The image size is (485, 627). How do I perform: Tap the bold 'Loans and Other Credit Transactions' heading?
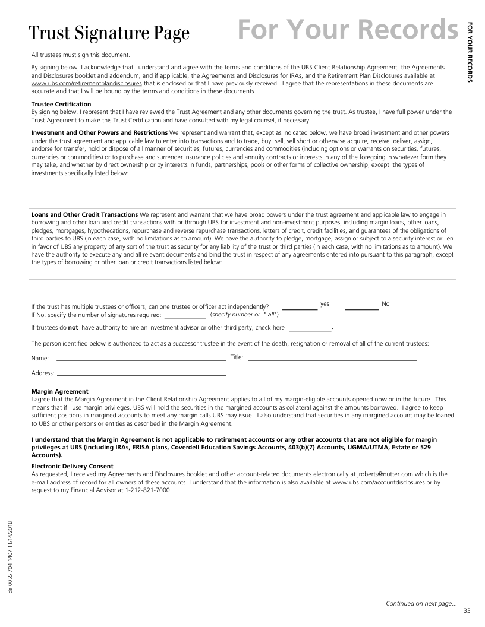84,214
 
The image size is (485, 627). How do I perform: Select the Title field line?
332,360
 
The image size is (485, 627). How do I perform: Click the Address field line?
141,375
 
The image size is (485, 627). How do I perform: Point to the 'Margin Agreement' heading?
59,391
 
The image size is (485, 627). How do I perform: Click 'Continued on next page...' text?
421,603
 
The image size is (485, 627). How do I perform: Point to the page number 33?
467,612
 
